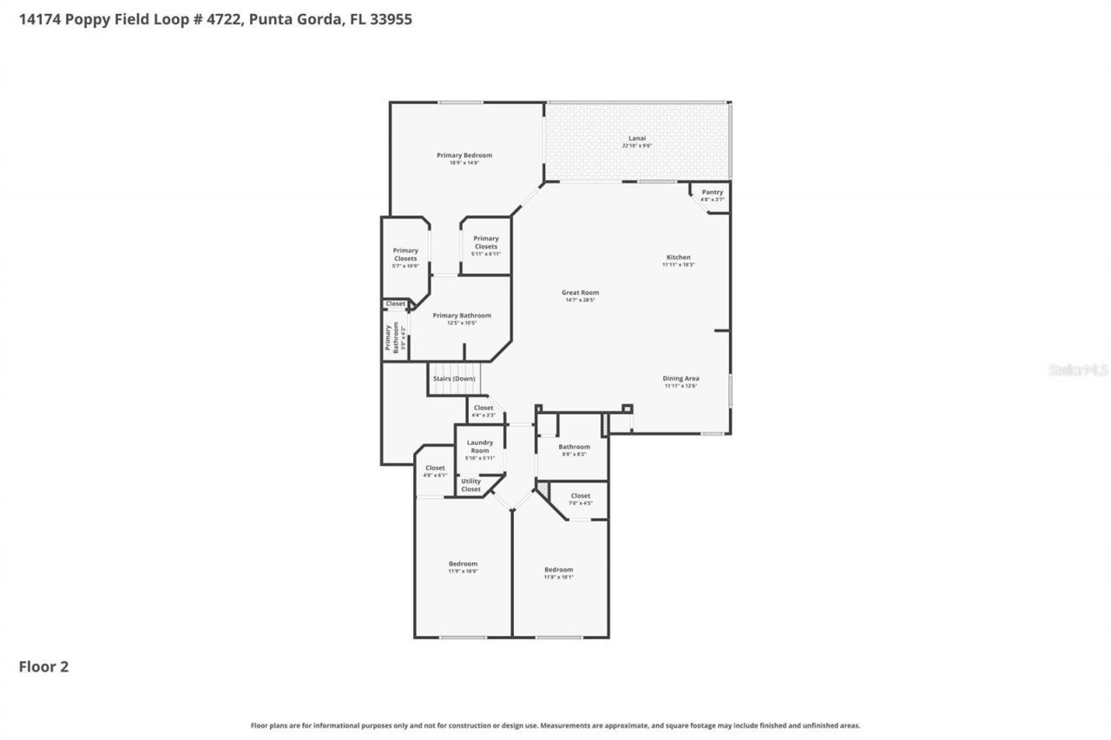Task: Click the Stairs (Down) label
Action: (x=454, y=379)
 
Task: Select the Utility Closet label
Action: (x=470, y=485)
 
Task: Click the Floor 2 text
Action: (x=43, y=666)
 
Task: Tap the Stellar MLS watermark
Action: (x=1078, y=370)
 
